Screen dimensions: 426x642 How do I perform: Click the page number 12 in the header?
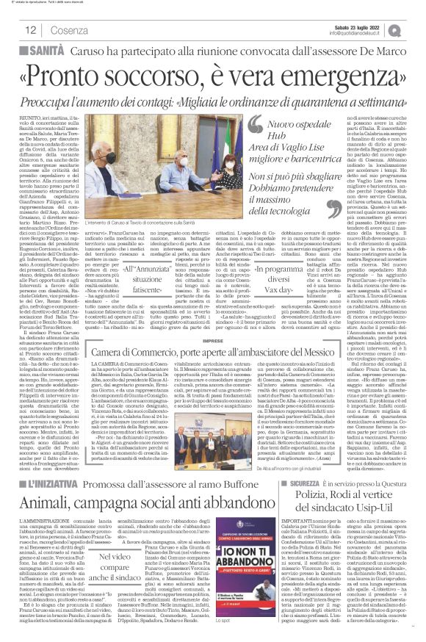tap(30, 30)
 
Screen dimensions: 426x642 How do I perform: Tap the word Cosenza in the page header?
tap(70, 30)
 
